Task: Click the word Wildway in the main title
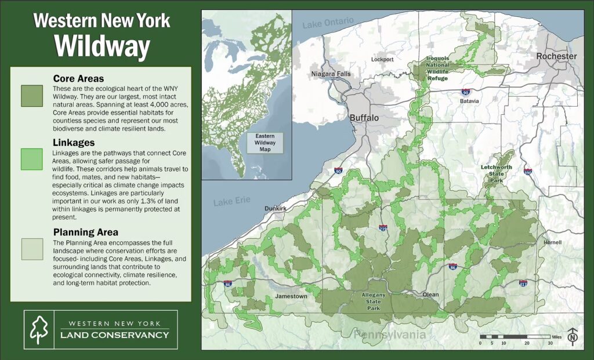(102, 46)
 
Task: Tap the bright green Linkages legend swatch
(31, 159)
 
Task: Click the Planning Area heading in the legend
(85, 232)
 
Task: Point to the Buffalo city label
(364, 118)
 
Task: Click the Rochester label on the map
(556, 56)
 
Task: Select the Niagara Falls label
(331, 74)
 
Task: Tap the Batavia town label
(469, 101)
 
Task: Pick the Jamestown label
(291, 296)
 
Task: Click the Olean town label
(430, 294)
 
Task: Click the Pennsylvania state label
(390, 335)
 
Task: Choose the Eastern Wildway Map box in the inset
(265, 142)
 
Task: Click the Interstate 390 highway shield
(528, 172)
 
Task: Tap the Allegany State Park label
(373, 301)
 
